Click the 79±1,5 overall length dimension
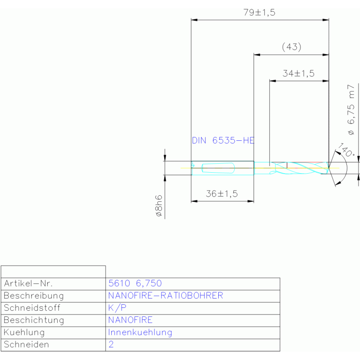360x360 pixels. pos(259,12)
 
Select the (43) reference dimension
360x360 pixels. pos(291,47)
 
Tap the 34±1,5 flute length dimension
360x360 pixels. pos(299,74)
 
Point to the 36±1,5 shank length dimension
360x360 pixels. pos(222,194)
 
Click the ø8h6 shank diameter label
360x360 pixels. pos(159,206)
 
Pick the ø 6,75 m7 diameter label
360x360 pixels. pos(351,110)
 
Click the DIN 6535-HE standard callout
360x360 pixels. pos(223,140)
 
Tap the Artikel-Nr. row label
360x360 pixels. pos(28,283)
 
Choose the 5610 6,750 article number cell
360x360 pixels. pos(135,283)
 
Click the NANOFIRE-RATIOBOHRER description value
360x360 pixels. pos(166,296)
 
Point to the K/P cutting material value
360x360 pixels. pos(117,307)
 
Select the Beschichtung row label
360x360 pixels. pos(34,320)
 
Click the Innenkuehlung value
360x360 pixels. pos(140,332)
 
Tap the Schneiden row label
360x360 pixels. pos(26,345)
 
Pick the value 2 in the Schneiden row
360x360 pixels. pos(111,345)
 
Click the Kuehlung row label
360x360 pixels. pos(24,332)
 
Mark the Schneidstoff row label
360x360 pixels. pos(32,308)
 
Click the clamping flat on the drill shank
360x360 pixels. pos(218,168)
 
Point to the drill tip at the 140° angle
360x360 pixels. pos(329,168)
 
